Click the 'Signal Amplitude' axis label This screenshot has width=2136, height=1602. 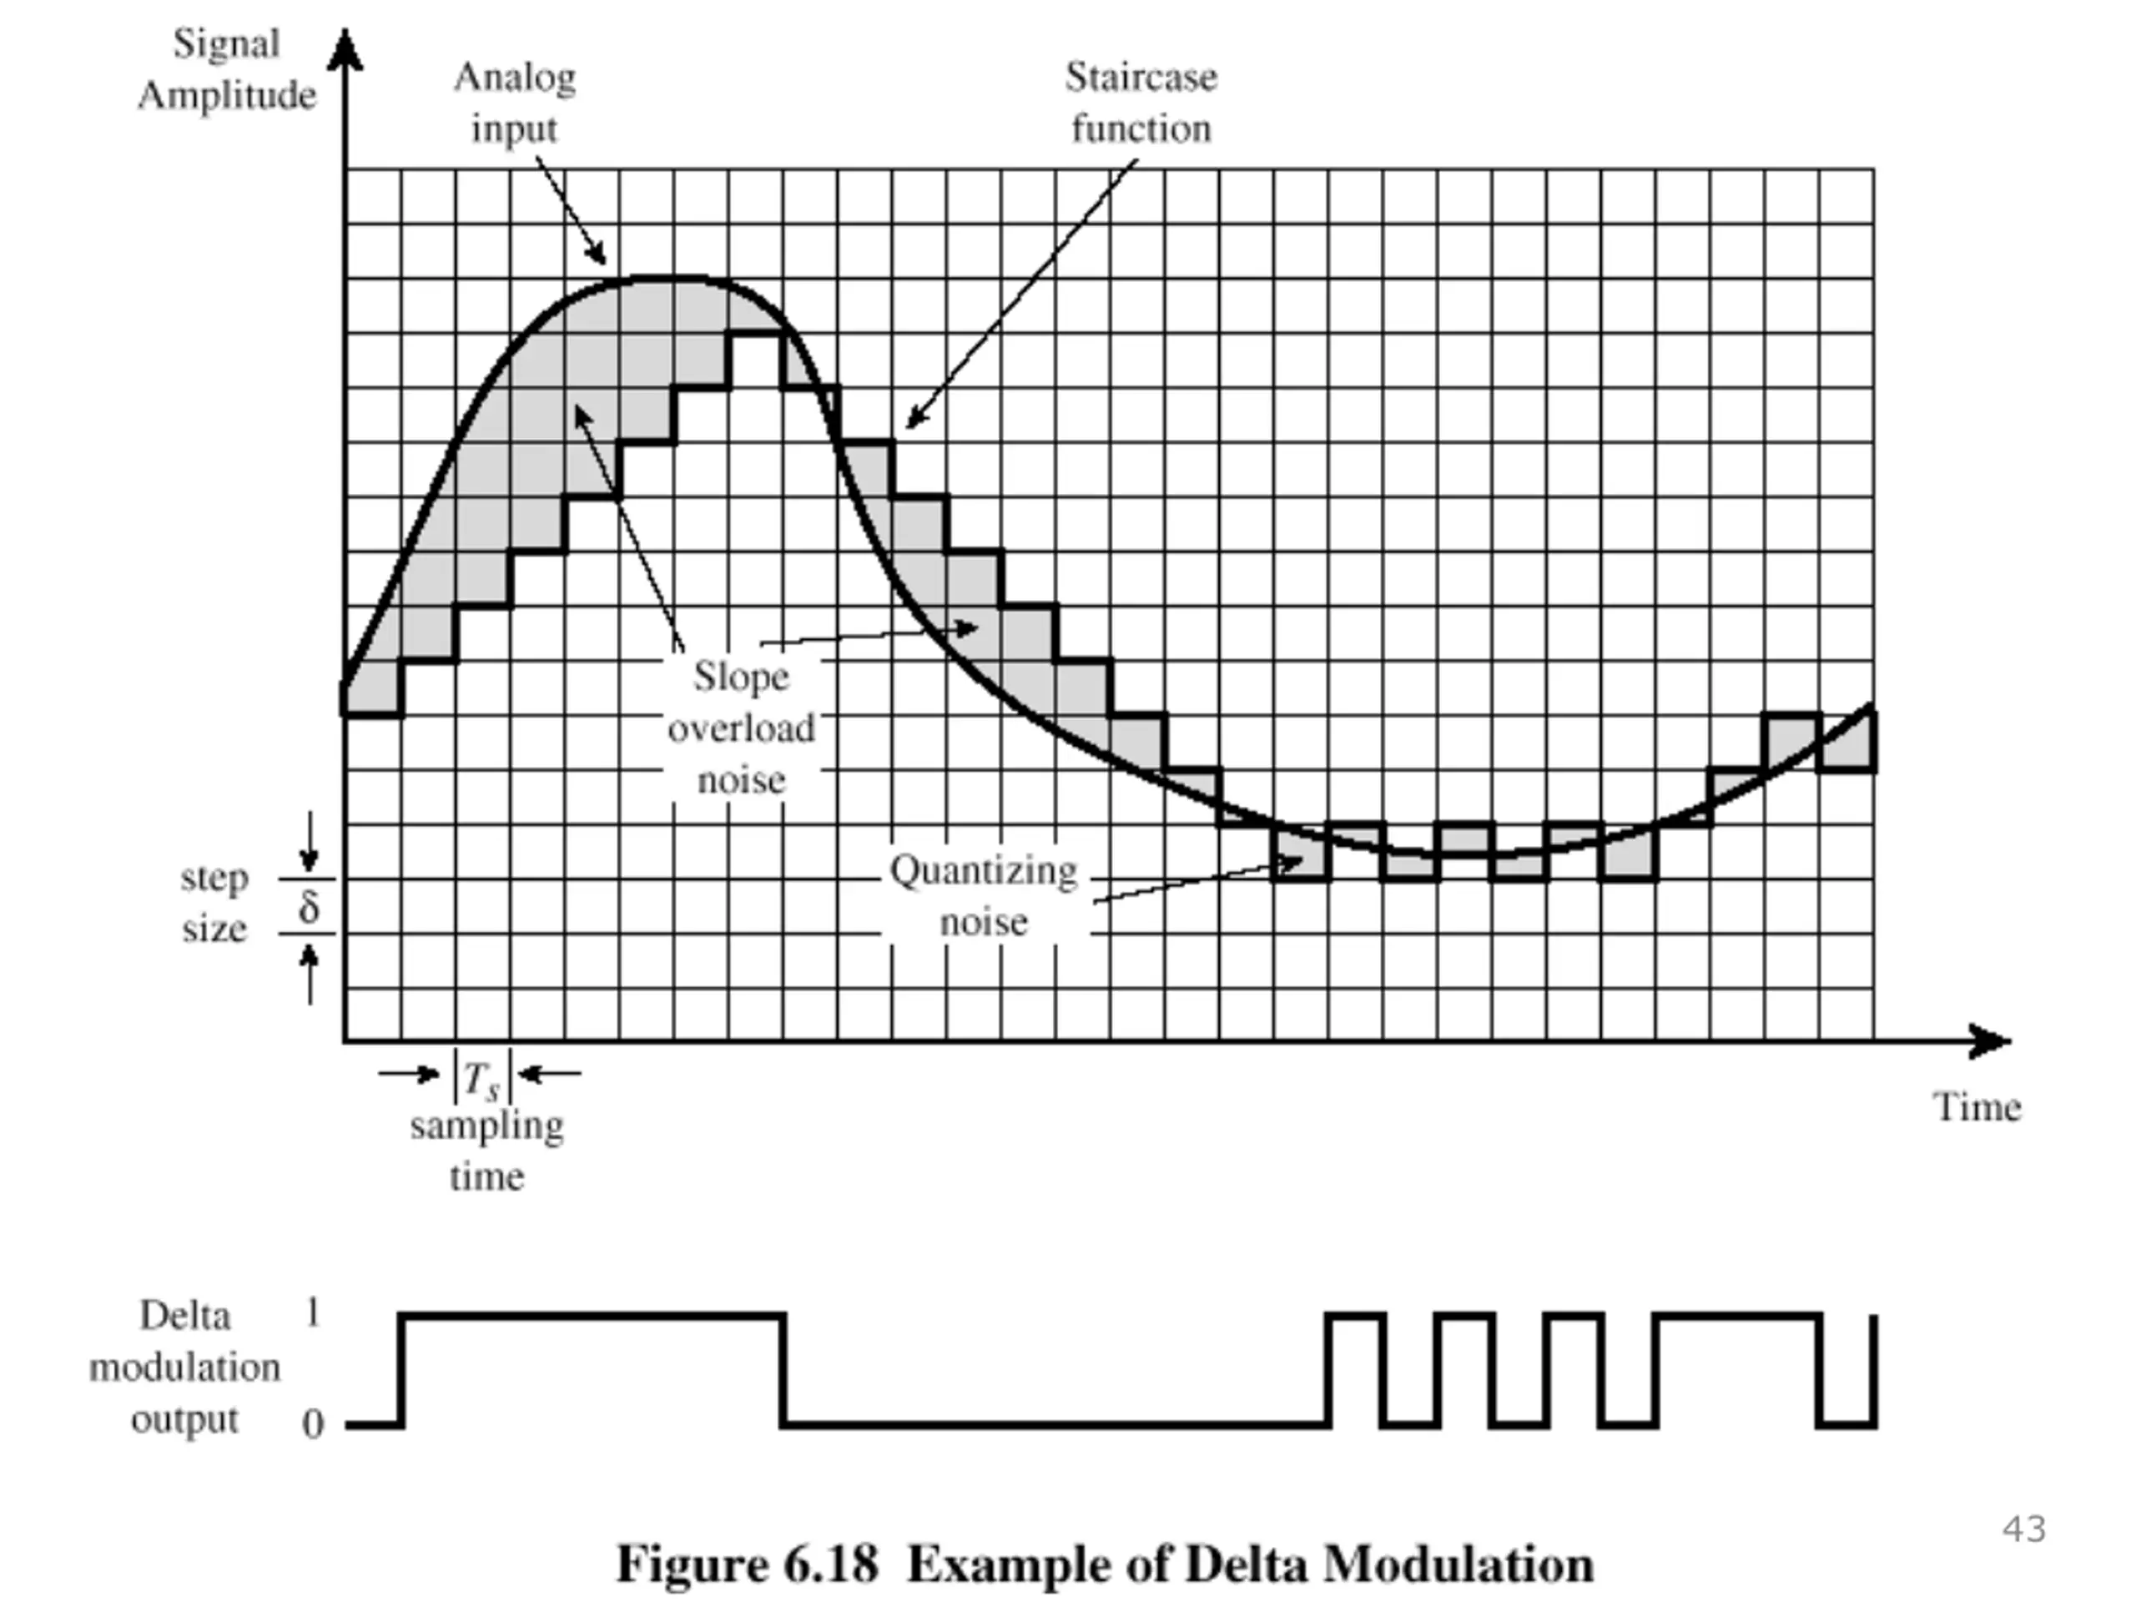pyautogui.click(x=227, y=69)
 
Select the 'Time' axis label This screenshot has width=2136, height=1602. pyautogui.click(x=1976, y=1106)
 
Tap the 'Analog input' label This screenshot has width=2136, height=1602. pyautogui.click(x=515, y=103)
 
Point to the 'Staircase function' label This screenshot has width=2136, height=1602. pyautogui.click(x=1141, y=103)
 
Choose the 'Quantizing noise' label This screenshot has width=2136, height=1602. pyautogui.click(x=983, y=896)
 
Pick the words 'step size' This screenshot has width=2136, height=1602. pyautogui.click(x=214, y=903)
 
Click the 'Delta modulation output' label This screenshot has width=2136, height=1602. pyautogui.click(x=184, y=1368)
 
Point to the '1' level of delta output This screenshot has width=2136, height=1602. pyautogui.click(x=312, y=1312)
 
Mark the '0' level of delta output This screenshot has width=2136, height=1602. pyautogui.click(x=312, y=1423)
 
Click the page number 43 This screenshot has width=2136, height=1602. pyautogui.click(x=2024, y=1529)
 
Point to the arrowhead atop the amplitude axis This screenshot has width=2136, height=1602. pyautogui.click(x=345, y=48)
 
